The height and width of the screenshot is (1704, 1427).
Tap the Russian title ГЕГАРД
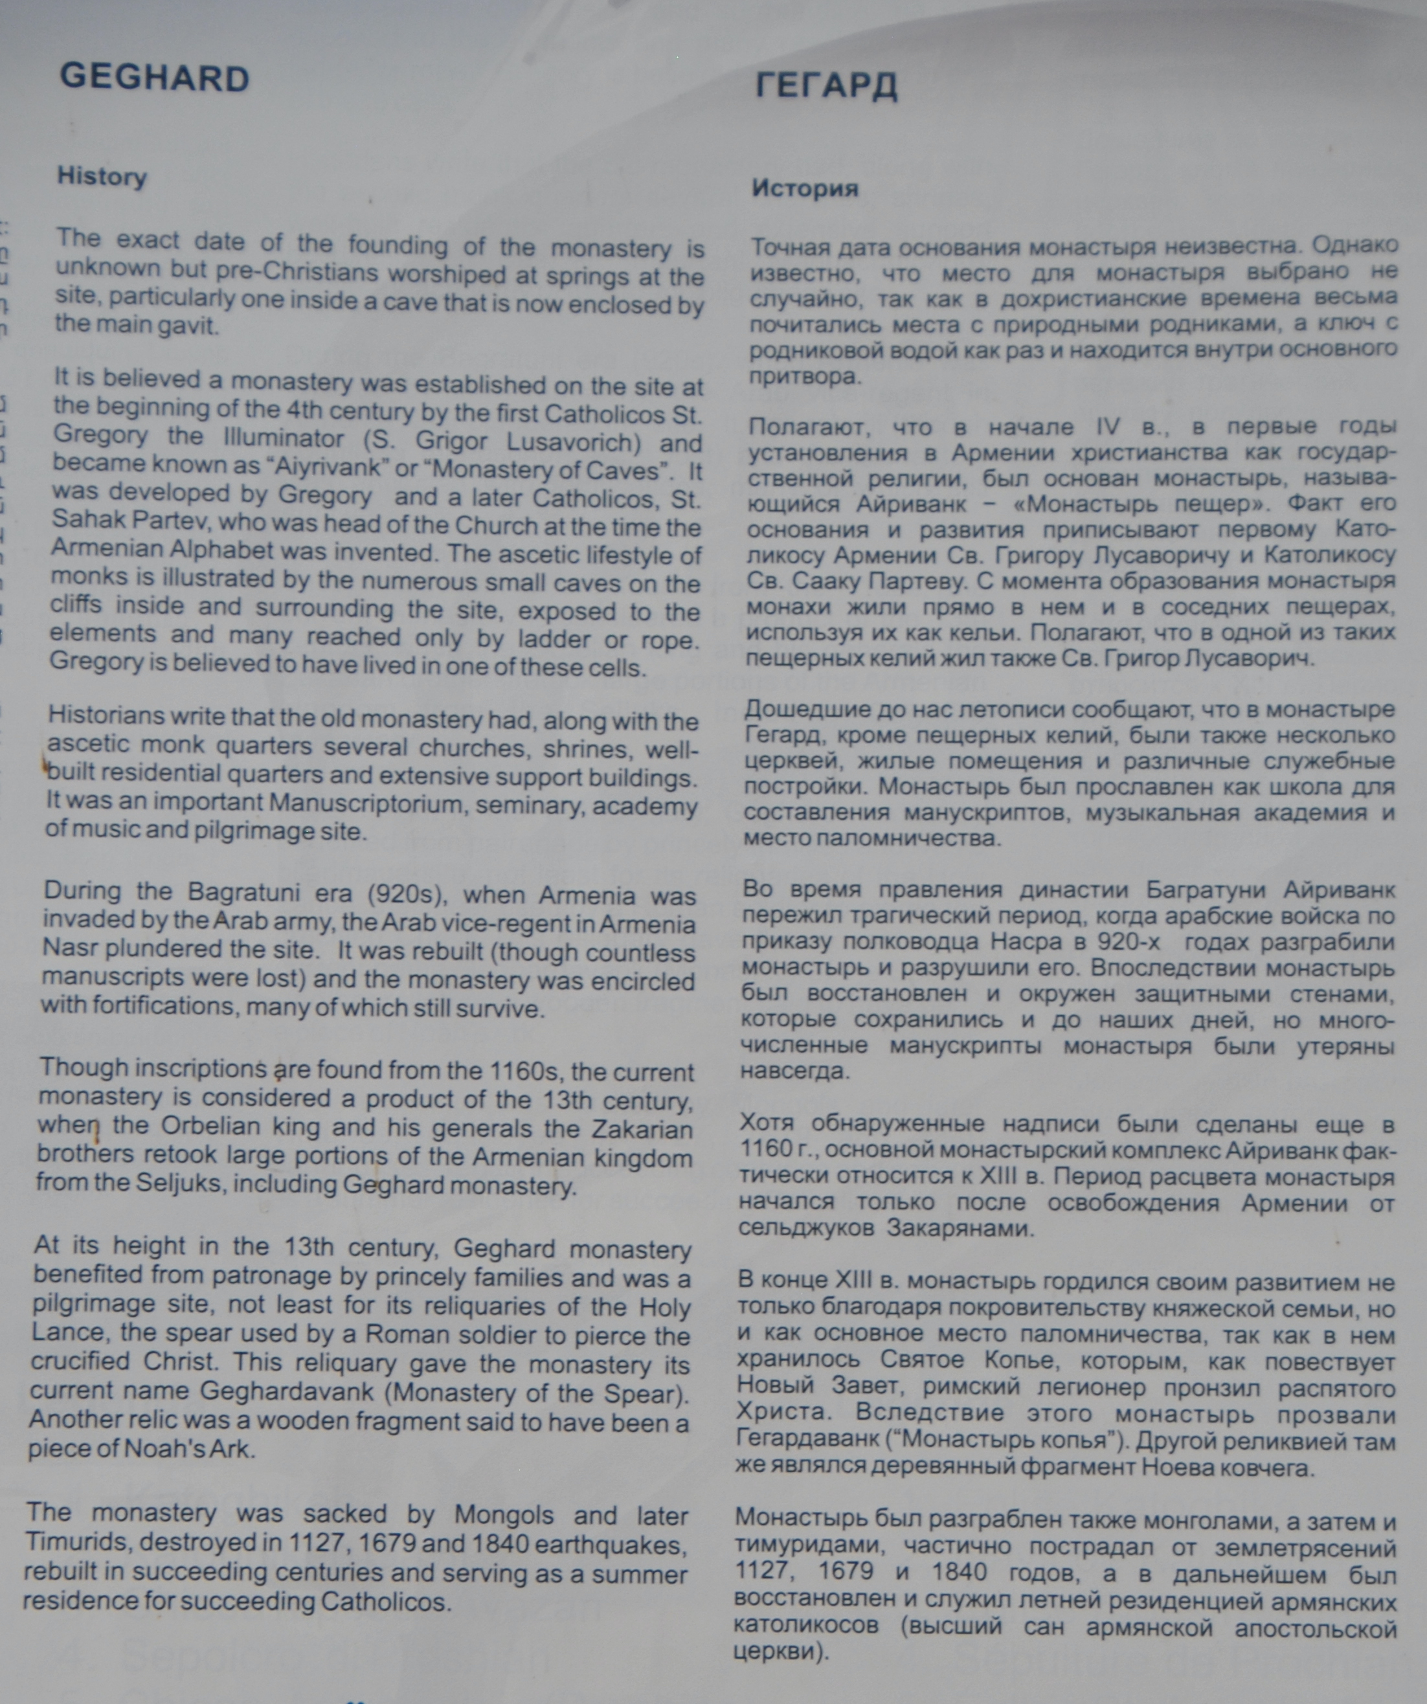click(x=826, y=86)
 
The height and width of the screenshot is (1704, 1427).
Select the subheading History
click(x=102, y=177)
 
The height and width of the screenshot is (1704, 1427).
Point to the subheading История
click(x=804, y=188)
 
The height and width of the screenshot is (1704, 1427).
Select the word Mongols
click(x=503, y=1515)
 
